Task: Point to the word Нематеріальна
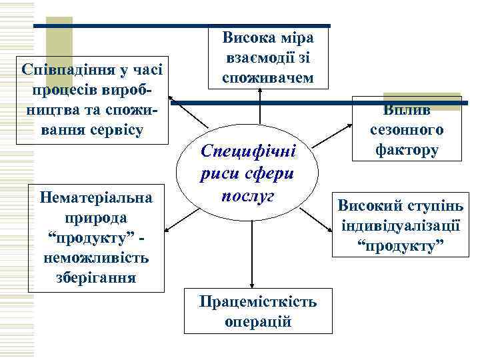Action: click(97, 197)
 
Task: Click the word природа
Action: click(97, 217)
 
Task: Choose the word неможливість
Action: click(97, 257)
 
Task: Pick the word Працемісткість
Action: click(258, 302)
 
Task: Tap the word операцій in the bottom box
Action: click(258, 321)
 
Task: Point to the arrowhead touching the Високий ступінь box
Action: click(332, 229)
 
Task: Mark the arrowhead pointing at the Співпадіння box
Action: click(171, 99)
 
